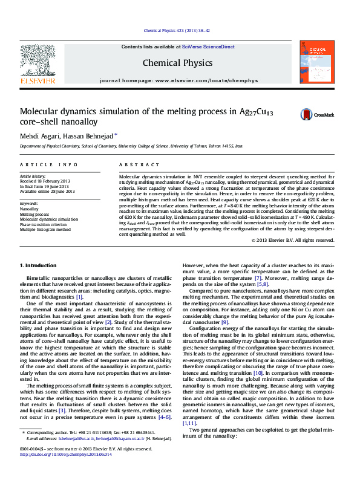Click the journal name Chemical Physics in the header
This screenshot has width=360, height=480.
(x=177, y=63)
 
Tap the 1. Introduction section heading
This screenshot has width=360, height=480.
(x=39, y=265)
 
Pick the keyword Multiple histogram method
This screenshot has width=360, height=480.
(x=45, y=229)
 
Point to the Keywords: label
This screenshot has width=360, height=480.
(x=29, y=204)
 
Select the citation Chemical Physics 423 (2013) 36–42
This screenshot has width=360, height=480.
(x=177, y=30)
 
